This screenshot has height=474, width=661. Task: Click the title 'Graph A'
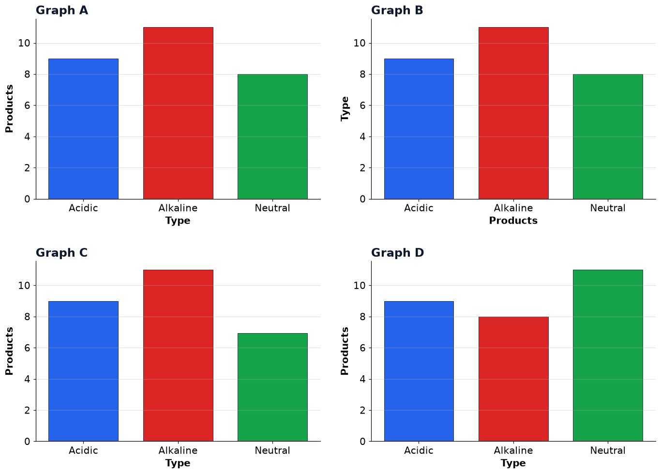coord(61,10)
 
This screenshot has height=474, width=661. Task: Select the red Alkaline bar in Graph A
coord(178,113)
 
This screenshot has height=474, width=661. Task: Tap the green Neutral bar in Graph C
coord(272,387)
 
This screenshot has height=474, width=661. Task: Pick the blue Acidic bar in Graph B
coord(419,129)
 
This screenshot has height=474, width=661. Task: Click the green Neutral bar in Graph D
coord(608,355)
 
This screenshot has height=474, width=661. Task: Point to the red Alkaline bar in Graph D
coord(513,379)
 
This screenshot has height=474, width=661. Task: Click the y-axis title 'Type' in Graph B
coord(345,108)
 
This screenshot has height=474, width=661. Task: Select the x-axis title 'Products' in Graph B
coord(513,221)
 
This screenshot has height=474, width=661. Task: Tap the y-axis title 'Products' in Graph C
coord(9,351)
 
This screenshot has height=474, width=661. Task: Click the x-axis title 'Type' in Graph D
coord(513,463)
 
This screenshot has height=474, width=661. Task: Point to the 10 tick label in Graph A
coord(24,43)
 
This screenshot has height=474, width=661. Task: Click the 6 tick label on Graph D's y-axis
coord(362,348)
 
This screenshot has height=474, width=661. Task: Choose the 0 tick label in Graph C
coord(27,442)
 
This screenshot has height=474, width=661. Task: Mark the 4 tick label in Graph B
coord(362,137)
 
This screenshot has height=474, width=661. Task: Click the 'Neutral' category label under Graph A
coord(272,208)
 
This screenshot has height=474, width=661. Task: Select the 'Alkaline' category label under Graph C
coord(178,450)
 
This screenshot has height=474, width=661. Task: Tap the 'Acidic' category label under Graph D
coord(419,450)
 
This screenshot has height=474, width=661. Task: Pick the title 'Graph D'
coord(397,253)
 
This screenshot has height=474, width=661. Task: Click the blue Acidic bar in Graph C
coord(84,371)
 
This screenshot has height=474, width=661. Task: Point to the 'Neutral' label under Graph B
coord(608,208)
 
